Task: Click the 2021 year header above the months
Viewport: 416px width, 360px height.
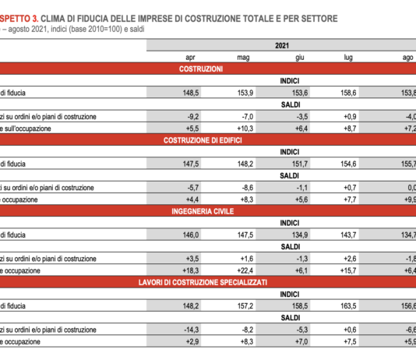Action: [x=282, y=47]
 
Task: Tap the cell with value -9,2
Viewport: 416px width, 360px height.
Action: [x=186, y=116]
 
